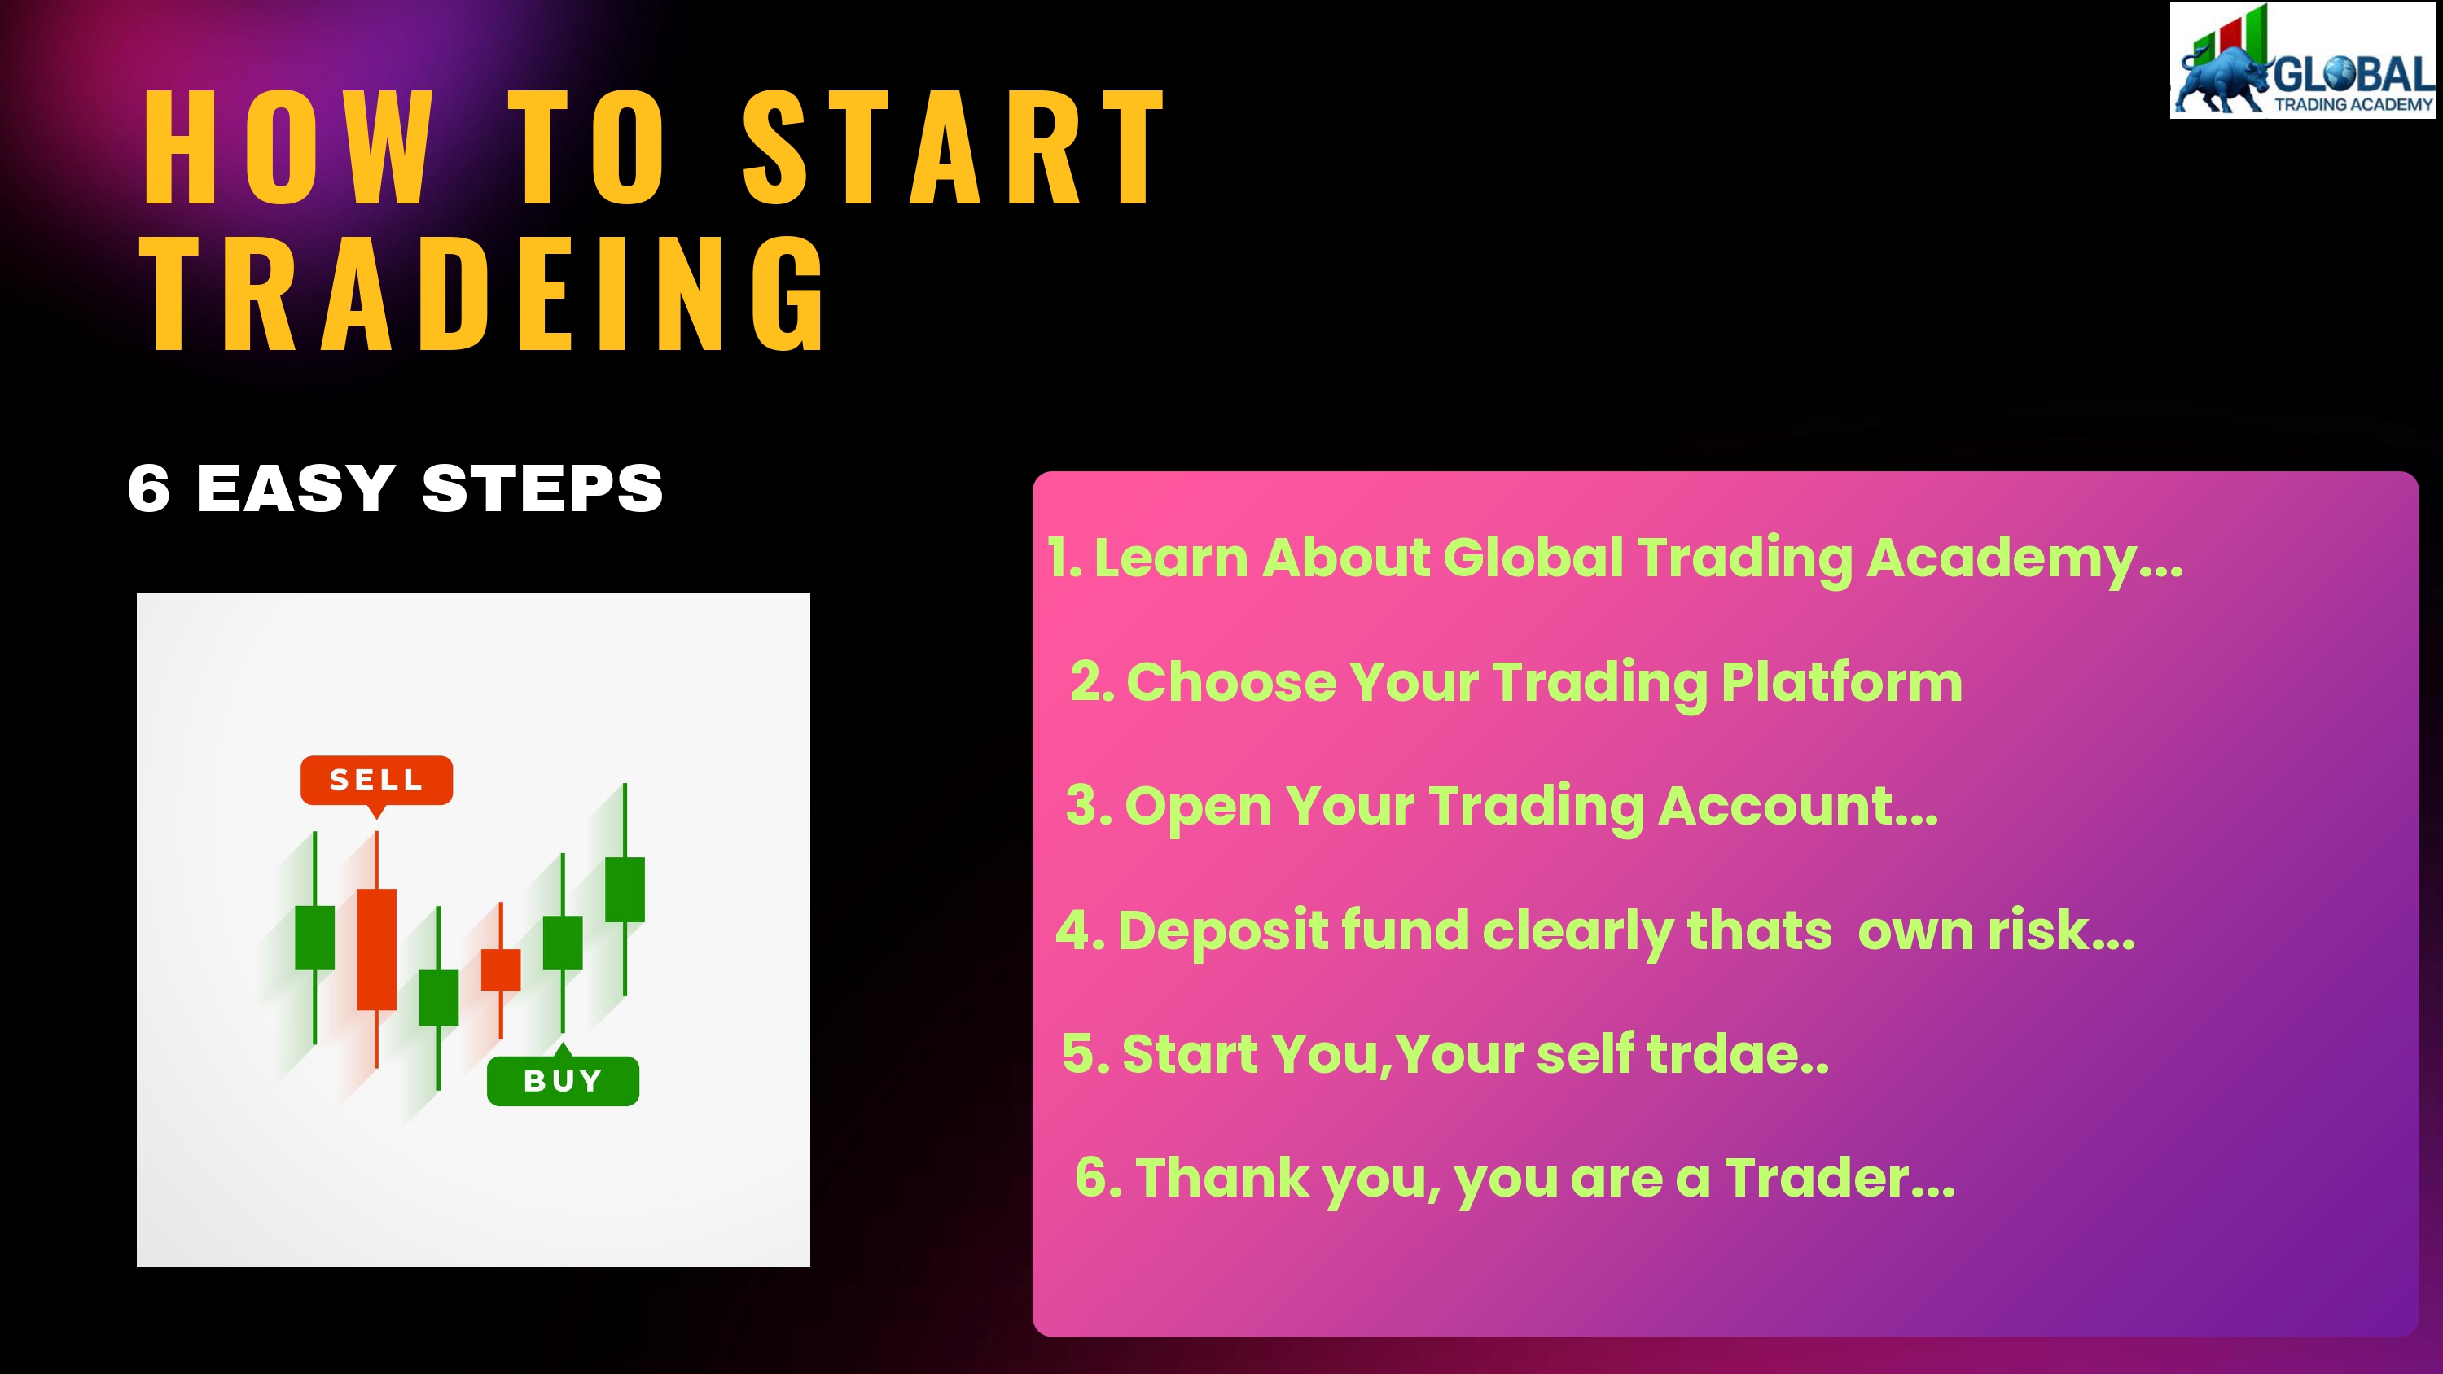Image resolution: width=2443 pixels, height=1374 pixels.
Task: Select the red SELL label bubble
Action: (376, 781)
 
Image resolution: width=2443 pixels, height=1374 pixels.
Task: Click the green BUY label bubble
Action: (563, 1079)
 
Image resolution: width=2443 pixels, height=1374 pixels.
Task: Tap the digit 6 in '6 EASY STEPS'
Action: (149, 488)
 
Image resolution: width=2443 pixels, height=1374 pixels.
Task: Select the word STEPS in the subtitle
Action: (542, 488)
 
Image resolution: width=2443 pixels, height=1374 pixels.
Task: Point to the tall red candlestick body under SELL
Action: (376, 949)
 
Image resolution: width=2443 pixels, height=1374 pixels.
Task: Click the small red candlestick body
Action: (501, 969)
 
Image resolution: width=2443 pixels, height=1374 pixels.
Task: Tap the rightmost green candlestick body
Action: (625, 890)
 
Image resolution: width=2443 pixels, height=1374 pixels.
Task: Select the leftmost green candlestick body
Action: (315, 938)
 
